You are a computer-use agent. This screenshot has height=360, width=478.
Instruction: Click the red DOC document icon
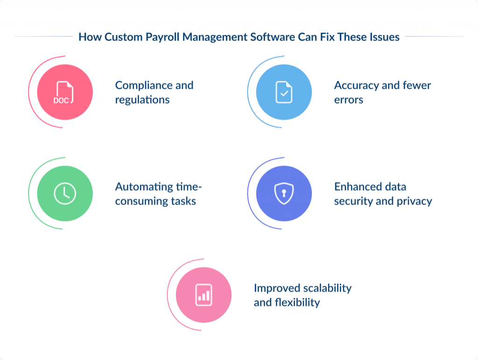(64, 92)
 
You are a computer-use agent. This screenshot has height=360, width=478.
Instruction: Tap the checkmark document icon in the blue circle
(283, 92)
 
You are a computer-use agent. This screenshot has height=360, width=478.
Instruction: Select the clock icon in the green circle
(64, 194)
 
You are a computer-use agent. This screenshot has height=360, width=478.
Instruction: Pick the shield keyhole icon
(283, 194)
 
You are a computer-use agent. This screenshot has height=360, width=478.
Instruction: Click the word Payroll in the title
(162, 37)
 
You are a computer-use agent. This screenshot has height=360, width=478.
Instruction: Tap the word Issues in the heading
(384, 37)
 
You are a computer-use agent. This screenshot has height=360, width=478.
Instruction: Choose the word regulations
(142, 100)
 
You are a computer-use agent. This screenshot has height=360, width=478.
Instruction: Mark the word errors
(348, 100)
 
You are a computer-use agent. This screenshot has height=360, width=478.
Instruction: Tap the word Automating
(143, 187)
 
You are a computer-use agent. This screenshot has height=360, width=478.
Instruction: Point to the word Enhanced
(357, 187)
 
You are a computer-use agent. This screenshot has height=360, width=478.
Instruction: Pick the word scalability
(327, 288)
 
